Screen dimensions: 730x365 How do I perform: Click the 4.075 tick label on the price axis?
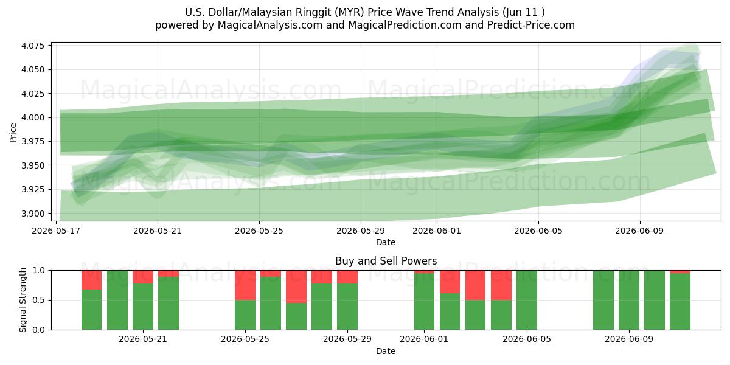pyautogui.click(x=33, y=45)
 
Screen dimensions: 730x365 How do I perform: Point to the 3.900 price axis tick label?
pyautogui.click(x=33, y=214)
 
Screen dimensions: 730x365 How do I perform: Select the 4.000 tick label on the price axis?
pyautogui.click(x=33, y=117)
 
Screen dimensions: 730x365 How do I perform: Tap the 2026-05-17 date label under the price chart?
pyautogui.click(x=56, y=231)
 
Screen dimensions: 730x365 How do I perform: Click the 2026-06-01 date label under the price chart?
pyautogui.click(x=437, y=231)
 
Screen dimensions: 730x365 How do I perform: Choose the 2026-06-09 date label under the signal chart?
pyautogui.click(x=629, y=339)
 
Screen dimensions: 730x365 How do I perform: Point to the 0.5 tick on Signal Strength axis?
pyautogui.click(x=39, y=300)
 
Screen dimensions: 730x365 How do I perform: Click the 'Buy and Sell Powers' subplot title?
pyautogui.click(x=386, y=261)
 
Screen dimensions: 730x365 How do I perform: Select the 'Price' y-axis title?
pyautogui.click(x=13, y=133)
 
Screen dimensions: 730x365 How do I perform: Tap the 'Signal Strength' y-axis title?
pyautogui.click(x=23, y=300)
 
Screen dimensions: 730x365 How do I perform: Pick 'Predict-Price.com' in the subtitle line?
pyautogui.click(x=531, y=25)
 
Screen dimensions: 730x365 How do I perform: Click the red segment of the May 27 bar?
pyautogui.click(x=296, y=287)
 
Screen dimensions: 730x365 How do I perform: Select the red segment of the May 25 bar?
pyautogui.click(x=245, y=285)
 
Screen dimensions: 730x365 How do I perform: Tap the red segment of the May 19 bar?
pyautogui.click(x=92, y=280)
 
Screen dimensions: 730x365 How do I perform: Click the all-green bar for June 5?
pyautogui.click(x=527, y=300)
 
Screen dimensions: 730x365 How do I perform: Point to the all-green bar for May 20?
pyautogui.click(x=117, y=300)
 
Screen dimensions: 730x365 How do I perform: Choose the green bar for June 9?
pyautogui.click(x=629, y=300)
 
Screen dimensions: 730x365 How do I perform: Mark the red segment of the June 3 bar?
pyautogui.click(x=476, y=285)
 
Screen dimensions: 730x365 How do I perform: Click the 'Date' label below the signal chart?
pyautogui.click(x=386, y=351)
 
